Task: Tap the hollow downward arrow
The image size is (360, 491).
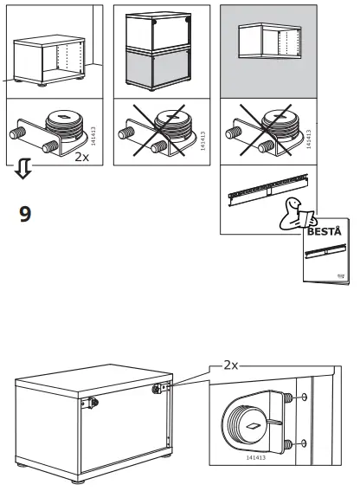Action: [x=23, y=169]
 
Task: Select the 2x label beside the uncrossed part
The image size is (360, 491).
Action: [x=80, y=157]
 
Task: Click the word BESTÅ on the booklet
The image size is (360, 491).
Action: [x=325, y=232]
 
